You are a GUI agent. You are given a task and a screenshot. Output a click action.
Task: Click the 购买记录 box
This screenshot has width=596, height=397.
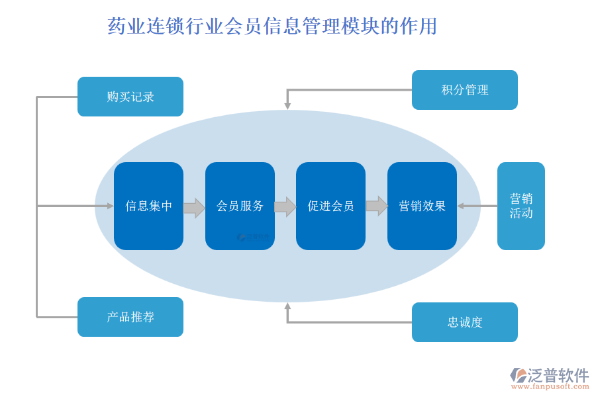130,97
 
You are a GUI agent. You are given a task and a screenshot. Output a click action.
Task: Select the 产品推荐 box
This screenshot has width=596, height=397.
130,317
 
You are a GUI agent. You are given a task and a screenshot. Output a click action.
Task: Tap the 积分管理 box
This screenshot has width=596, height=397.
464,90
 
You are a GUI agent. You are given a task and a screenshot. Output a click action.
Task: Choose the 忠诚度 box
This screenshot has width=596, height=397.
464,322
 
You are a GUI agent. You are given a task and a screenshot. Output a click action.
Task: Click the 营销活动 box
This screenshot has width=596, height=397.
521,206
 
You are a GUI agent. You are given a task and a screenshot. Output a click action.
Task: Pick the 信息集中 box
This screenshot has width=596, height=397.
148,206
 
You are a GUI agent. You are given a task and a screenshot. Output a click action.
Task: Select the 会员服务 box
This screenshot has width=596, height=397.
240,206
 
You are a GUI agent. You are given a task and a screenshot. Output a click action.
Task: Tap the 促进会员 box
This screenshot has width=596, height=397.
330,206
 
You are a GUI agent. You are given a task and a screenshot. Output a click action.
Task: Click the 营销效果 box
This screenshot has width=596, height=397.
422,206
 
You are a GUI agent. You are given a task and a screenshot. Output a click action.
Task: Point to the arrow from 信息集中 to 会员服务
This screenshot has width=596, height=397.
194,207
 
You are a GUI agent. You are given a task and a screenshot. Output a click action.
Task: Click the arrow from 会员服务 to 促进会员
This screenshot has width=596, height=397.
285,207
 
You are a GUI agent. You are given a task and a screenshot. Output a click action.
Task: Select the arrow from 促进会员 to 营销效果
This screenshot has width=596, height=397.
376,206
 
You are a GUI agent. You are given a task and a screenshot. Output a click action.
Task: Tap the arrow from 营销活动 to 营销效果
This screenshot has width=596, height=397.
477,206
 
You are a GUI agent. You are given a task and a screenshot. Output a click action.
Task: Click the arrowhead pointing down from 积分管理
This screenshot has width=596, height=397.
287,105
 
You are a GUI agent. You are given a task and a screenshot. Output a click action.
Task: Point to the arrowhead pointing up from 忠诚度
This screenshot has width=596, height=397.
287,306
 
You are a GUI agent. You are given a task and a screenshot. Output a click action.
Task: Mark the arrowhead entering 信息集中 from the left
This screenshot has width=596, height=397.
110,206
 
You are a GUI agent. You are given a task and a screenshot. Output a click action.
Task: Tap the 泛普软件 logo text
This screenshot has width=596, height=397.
558,375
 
